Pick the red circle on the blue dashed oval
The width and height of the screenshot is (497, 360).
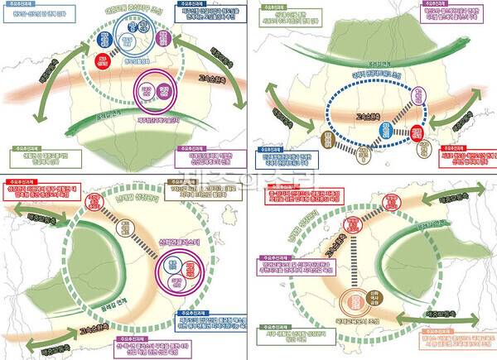tap(419, 131)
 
